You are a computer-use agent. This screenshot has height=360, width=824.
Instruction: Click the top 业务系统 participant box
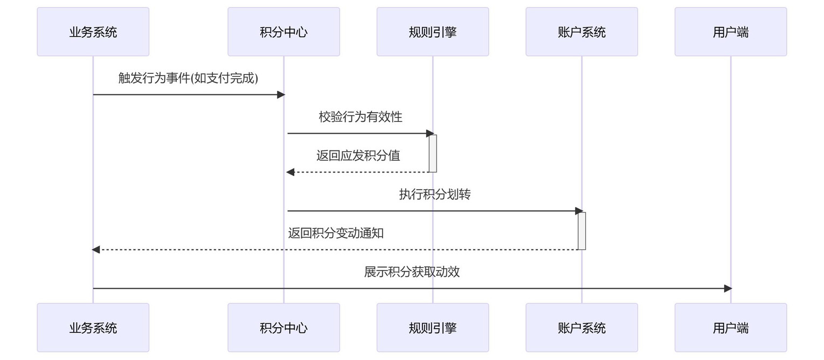(93, 32)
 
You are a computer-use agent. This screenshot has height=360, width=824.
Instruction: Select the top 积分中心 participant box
(283, 32)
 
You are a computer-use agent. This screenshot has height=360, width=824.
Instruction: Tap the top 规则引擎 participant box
(433, 32)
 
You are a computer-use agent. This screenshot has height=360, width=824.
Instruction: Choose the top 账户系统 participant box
(581, 32)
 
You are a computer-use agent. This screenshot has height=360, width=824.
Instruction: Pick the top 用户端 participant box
(731, 32)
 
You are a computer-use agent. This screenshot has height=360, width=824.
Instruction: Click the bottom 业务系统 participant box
(93, 327)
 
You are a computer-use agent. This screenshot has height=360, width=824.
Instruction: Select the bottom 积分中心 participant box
(283, 327)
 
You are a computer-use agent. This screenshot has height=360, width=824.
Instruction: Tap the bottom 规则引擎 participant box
(433, 327)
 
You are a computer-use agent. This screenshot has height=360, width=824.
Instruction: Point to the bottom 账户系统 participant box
(581, 327)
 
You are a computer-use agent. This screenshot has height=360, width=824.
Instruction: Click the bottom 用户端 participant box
(731, 327)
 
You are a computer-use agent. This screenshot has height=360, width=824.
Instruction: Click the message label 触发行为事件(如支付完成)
(188, 78)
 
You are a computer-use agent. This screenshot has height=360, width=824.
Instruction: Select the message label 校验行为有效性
(361, 117)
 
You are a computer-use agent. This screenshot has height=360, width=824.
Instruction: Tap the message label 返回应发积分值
(358, 156)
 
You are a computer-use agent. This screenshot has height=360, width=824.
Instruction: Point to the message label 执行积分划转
(435, 194)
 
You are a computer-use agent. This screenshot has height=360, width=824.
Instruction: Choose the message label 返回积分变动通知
(336, 233)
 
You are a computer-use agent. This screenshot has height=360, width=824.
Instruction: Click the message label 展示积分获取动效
(412, 272)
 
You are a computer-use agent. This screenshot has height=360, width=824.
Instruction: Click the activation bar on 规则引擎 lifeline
(433, 154)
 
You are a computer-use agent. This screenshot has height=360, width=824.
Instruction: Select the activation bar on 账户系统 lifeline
(582, 231)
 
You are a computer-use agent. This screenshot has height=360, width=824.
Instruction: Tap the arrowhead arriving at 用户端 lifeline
(728, 288)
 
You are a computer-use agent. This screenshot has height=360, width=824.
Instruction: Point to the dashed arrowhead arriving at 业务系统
(95, 250)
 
